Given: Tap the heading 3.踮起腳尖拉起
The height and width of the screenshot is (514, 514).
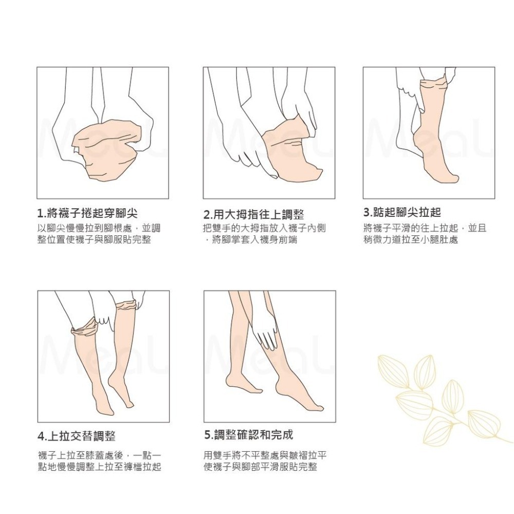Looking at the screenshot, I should coord(402,212).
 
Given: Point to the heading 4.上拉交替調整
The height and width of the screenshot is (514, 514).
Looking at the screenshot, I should coord(77,436).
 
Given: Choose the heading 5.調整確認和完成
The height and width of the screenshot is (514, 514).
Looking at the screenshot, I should coord(248,435).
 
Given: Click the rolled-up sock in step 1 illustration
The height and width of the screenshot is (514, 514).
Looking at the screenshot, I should coord(105,149).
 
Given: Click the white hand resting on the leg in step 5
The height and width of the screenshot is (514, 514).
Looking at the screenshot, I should coord(267,337).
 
